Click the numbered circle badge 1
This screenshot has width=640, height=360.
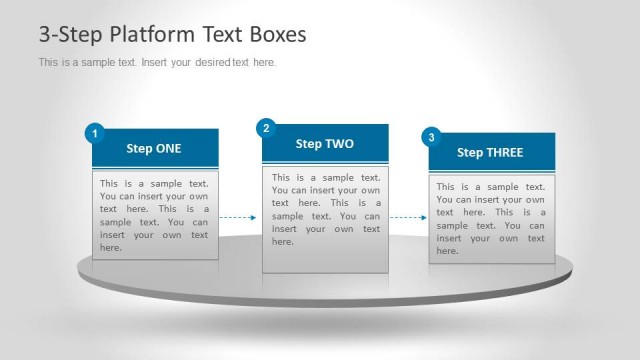(x=94, y=133)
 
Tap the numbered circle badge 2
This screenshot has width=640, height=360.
(x=266, y=128)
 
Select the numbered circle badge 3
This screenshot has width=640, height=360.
(x=431, y=137)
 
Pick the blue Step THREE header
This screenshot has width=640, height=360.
(x=490, y=153)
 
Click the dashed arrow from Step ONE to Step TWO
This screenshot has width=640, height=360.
(x=239, y=217)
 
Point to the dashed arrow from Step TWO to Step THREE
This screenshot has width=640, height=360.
(x=408, y=217)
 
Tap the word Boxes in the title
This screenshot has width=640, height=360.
(x=275, y=35)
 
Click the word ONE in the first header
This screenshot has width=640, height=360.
(x=168, y=149)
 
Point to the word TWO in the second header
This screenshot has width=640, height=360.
(x=339, y=144)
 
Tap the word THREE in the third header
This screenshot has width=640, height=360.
(x=504, y=153)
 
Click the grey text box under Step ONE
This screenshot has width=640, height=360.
(x=155, y=215)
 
